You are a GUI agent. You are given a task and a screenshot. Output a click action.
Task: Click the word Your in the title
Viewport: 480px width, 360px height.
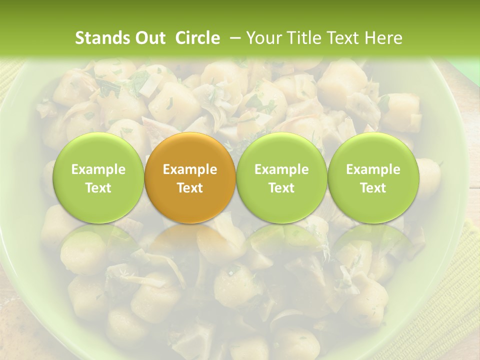pyautogui.click(x=264, y=38)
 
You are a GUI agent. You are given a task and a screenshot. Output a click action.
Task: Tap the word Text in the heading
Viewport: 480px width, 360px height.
pyautogui.click(x=345, y=38)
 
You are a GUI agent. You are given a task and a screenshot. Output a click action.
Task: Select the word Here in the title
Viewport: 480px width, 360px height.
pyautogui.click(x=384, y=38)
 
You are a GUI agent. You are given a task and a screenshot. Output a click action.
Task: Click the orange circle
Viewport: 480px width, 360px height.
pyautogui.click(x=190, y=178)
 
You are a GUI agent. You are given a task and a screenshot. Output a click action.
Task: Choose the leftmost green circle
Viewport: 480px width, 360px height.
pyautogui.click(x=98, y=178)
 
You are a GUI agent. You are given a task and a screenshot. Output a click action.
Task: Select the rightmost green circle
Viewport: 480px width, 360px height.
pyautogui.click(x=373, y=178)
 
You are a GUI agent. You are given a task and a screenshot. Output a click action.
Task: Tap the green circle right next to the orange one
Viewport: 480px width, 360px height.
pyautogui.click(x=281, y=178)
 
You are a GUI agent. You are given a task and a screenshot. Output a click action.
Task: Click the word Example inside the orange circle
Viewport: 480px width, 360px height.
pyautogui.click(x=190, y=169)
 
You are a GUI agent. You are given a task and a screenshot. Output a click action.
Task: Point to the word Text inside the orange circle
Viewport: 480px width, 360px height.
pyautogui.click(x=190, y=188)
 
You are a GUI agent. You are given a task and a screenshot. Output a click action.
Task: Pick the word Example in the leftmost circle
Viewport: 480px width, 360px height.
pyautogui.click(x=98, y=169)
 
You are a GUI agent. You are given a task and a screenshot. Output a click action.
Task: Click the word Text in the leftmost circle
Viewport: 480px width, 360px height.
pyautogui.click(x=98, y=188)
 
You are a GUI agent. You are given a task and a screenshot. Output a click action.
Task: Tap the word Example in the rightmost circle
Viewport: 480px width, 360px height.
pyautogui.click(x=373, y=169)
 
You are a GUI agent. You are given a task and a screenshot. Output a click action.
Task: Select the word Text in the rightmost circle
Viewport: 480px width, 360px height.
pyautogui.click(x=373, y=188)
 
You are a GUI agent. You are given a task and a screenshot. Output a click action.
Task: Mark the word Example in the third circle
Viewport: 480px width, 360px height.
pyautogui.click(x=281, y=169)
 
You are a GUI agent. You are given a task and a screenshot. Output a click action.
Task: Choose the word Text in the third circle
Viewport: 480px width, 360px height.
pyautogui.click(x=281, y=188)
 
